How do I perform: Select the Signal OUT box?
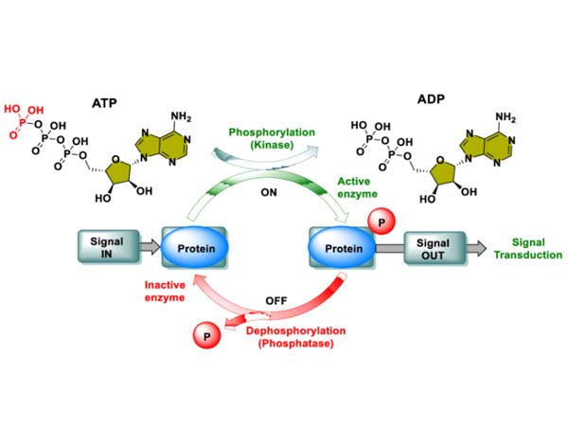click(433, 248)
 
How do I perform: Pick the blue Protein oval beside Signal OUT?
click(342, 249)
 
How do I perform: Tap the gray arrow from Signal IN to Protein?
click(148, 249)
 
